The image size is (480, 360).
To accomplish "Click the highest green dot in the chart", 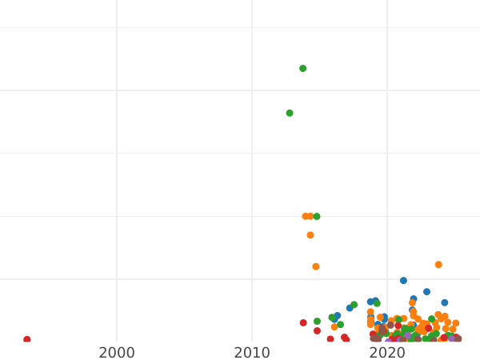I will (x=302, y=68).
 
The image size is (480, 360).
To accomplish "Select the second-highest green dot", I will (x=290, y=113).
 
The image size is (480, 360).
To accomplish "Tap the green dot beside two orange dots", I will (x=317, y=216).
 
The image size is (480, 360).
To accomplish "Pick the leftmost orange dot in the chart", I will (x=306, y=216).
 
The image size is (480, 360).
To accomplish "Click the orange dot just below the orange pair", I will (x=310, y=235).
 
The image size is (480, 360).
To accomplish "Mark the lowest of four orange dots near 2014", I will (x=316, y=266).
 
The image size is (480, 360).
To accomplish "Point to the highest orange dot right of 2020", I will (x=438, y=264).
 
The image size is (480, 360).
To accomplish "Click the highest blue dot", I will (x=403, y=280).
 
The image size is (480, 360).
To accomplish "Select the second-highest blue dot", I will (x=426, y=291).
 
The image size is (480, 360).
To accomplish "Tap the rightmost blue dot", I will (x=445, y=302).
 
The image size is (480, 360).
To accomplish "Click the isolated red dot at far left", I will (x=27, y=340).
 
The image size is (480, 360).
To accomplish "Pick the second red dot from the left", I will (x=303, y=323).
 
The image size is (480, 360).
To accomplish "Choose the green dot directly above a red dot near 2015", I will (x=317, y=321).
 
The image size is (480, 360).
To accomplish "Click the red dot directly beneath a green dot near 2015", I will (x=317, y=330).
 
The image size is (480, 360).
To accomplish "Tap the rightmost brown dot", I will (x=458, y=339).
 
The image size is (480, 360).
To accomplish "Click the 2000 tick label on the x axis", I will (x=117, y=352).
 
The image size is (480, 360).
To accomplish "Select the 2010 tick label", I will (x=252, y=352).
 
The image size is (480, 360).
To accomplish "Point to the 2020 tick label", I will (x=387, y=352).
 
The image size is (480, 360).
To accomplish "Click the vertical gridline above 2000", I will (x=117, y=160).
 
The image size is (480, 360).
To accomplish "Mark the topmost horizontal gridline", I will (x=240, y=27).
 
